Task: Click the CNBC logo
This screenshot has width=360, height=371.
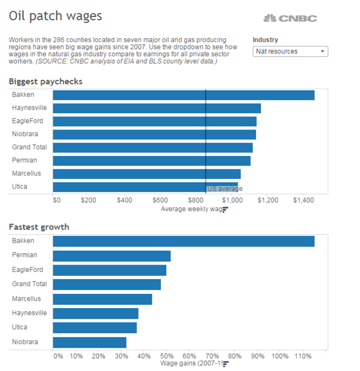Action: tap(290, 18)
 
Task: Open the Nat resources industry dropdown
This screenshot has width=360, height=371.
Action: tap(290, 51)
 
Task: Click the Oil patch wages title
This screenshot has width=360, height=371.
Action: tap(55, 16)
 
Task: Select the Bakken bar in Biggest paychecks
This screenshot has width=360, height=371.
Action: tap(183, 95)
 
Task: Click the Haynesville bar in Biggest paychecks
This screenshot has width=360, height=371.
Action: tap(156, 108)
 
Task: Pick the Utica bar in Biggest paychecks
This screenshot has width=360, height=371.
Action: tap(145, 187)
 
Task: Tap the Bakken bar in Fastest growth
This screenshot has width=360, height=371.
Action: tap(183, 241)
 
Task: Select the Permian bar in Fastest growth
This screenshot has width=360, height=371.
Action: tap(111, 256)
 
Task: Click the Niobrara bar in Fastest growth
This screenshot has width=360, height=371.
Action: tap(89, 342)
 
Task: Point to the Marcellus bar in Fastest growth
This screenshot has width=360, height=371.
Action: tap(102, 299)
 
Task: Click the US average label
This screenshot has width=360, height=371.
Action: tap(225, 189)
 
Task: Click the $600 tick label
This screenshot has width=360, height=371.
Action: tap(160, 200)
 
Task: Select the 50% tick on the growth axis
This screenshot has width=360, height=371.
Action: tap(166, 356)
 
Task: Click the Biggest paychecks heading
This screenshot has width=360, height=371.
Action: tap(46, 82)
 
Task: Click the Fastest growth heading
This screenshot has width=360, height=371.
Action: tap(39, 227)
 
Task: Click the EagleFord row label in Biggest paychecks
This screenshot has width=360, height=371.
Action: tap(28, 121)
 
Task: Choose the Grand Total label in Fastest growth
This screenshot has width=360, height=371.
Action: tap(29, 284)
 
